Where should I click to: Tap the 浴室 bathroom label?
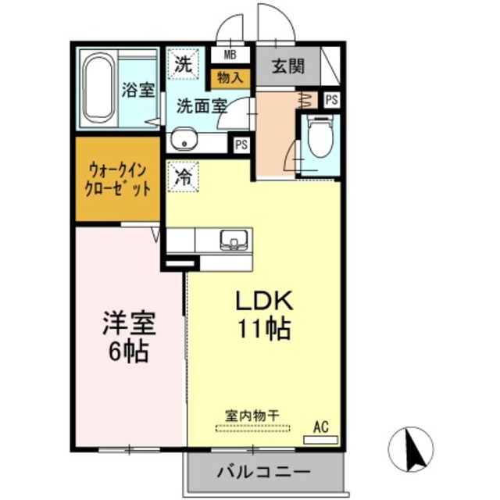point(138,89)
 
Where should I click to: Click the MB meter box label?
point(230,55)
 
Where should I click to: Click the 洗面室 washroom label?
point(201,105)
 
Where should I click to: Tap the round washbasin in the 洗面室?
point(185,141)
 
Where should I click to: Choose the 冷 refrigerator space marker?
point(183,173)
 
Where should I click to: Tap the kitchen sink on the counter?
point(234,239)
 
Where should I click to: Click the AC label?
point(320,427)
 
